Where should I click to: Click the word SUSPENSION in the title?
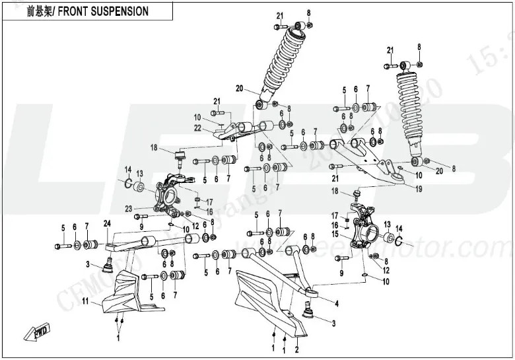pos(118,11)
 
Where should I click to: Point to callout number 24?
pos(106,223)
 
